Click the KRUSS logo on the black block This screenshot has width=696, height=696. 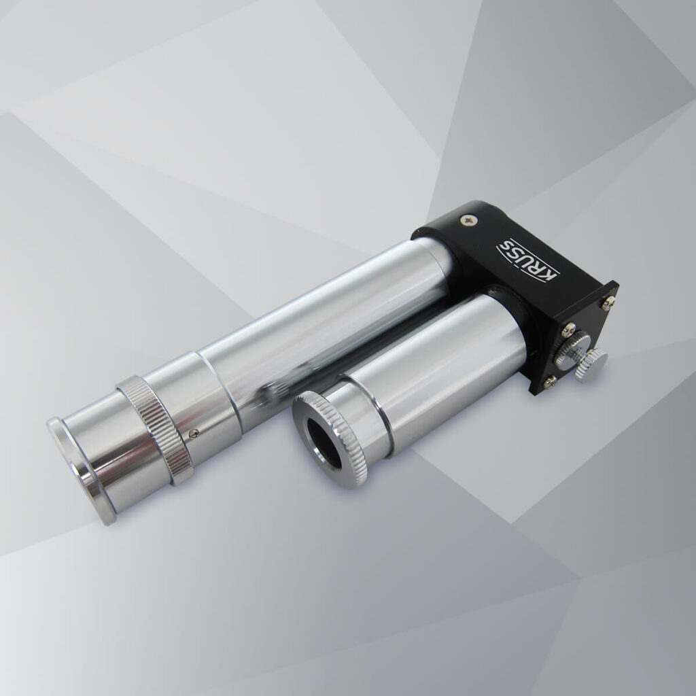point(528,260)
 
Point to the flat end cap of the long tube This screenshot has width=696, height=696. point(81,470)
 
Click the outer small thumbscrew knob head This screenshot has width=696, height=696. point(591,364)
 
